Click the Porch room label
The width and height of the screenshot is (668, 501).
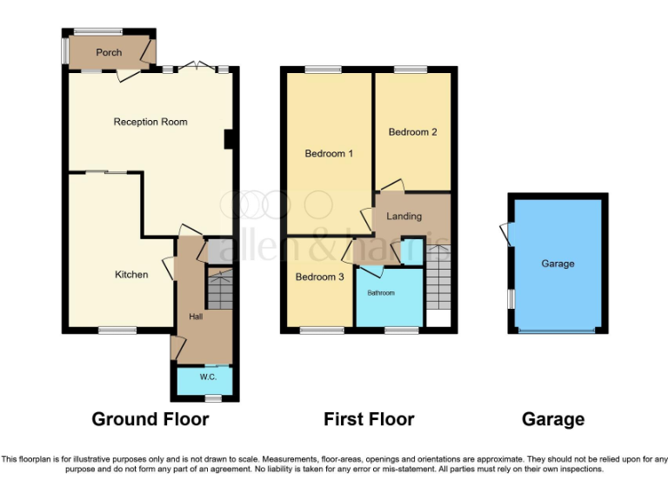[x=109, y=53]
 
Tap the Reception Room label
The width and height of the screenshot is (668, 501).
[x=150, y=122]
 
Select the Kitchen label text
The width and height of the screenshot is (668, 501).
[x=131, y=275]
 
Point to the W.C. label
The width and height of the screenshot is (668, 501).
[x=208, y=377]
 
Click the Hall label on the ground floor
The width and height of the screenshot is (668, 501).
[x=196, y=317]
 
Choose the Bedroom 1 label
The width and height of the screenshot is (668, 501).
[x=329, y=154]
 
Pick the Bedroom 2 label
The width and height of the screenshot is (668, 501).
[x=412, y=132]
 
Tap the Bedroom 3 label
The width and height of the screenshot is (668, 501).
[x=319, y=277]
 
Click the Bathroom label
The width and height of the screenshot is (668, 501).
[x=380, y=293]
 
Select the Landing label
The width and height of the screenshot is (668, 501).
[x=404, y=217]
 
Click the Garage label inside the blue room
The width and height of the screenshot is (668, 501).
[x=558, y=264]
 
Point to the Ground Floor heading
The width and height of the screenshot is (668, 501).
[x=150, y=419]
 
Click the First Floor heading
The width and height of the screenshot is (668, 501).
[x=369, y=419]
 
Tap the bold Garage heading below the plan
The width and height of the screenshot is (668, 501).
[x=553, y=419]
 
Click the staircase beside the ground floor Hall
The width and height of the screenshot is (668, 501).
[x=220, y=289]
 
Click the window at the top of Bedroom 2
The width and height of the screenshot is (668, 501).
[x=411, y=70]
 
